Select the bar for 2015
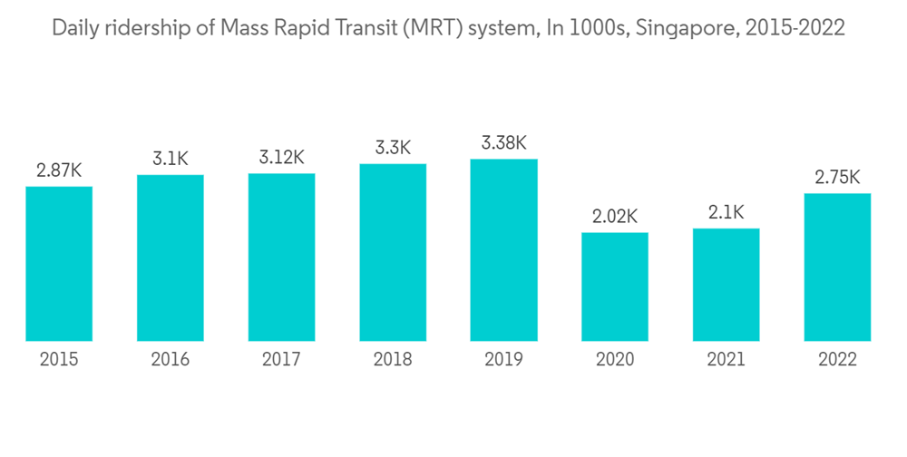coord(59,263)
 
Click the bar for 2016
coord(171,258)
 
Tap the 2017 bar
coord(281,257)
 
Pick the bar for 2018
coord(393,252)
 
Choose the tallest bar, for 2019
coord(503,250)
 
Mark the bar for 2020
coord(615,287)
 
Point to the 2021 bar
coord(726,285)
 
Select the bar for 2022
coord(837,267)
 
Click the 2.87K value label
coord(59,170)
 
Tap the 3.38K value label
coord(503,143)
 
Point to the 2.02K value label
coord(615,217)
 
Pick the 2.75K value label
coord(837,177)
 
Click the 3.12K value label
coord(281,158)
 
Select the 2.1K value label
coord(726,213)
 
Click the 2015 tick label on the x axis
coord(59,360)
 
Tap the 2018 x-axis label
coord(393,360)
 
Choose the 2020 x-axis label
coord(615,360)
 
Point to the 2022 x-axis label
coord(837,360)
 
